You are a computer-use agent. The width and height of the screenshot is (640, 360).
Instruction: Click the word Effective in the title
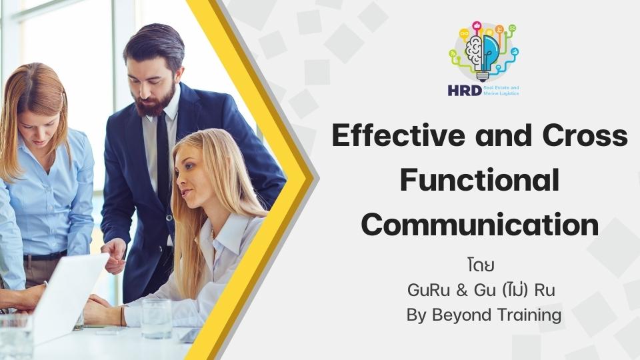pos(398,135)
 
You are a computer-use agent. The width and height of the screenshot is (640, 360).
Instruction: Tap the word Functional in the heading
pos(479,180)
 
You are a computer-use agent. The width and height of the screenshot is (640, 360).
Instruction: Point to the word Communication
pos(480,225)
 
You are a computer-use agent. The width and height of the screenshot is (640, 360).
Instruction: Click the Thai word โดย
pos(481,265)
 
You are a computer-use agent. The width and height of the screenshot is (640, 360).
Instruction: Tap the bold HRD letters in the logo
pos(465,90)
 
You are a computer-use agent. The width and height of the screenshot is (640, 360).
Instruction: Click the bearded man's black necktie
pos(163,155)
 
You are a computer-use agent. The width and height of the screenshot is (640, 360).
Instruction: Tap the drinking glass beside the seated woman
pos(156,319)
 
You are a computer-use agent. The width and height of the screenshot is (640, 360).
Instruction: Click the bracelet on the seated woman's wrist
pos(121,315)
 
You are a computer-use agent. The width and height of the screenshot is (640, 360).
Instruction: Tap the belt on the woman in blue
pos(45,256)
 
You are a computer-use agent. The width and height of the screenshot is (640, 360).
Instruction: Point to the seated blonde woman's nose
pos(179,179)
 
